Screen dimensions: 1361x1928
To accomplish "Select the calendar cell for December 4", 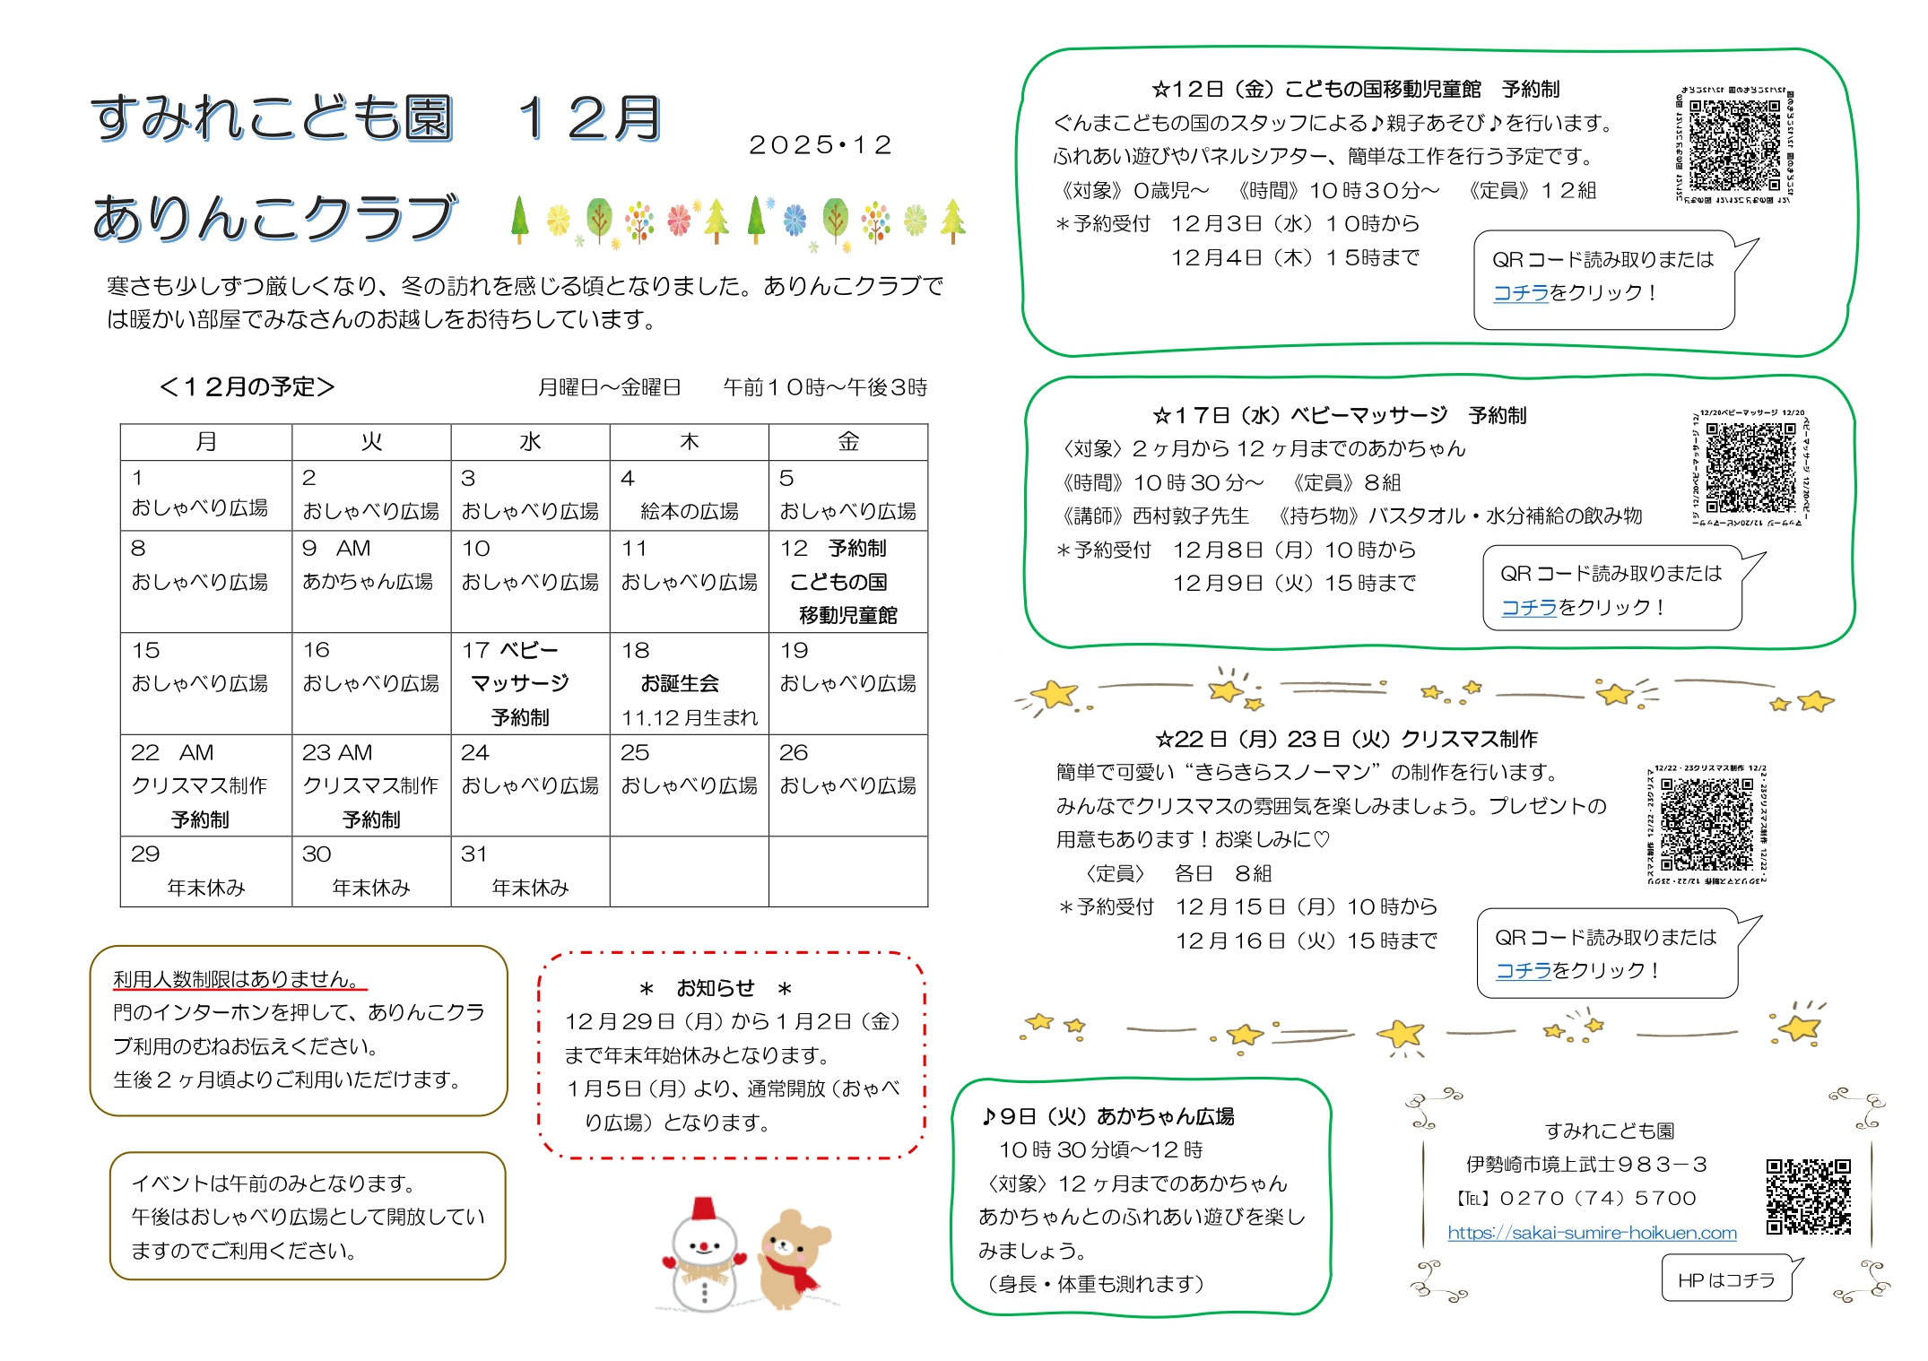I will [689, 495].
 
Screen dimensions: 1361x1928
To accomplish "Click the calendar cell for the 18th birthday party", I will [689, 683].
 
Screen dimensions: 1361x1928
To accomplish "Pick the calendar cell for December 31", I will [530, 871].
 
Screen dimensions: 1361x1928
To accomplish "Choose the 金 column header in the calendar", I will [847, 442].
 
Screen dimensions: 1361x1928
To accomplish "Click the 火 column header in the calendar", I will [371, 442].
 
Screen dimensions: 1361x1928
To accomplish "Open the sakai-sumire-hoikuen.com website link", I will [1592, 1233].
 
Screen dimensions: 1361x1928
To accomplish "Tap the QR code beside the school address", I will [1808, 1197].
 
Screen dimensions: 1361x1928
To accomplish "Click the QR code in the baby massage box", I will [1750, 467].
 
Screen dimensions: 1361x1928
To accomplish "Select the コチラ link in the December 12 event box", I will [1521, 292].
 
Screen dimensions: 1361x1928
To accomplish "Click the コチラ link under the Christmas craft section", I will [1524, 970].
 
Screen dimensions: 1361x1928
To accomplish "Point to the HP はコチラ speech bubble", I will [1726, 1279].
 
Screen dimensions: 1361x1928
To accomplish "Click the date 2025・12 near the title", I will [821, 145].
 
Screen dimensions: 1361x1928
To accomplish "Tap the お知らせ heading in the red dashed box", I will [715, 988].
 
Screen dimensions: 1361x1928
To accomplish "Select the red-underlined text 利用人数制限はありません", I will [237, 979].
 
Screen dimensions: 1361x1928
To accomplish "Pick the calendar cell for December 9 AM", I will [371, 581].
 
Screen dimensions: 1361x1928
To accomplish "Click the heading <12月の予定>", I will [247, 386].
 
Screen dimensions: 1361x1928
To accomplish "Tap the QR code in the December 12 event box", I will [1734, 144].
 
